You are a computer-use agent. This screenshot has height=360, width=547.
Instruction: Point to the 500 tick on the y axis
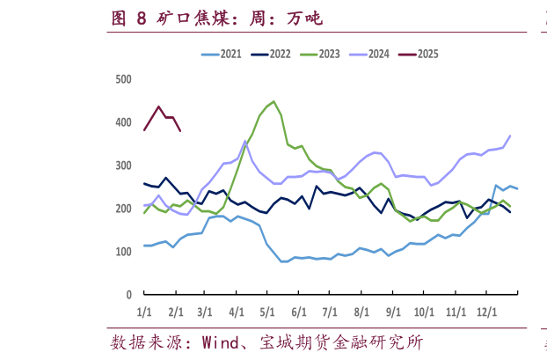tap(123, 79)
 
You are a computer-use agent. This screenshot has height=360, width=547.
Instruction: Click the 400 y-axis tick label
tap(123, 122)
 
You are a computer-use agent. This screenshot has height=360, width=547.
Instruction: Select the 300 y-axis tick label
tap(123, 165)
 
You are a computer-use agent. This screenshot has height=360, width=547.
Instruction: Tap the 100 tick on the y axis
tap(123, 252)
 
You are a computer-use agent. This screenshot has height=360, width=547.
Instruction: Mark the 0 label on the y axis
tap(128, 295)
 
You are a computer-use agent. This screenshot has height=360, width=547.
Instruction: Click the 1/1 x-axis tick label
tap(144, 312)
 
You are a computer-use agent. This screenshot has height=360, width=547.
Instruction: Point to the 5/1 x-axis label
tap(267, 312)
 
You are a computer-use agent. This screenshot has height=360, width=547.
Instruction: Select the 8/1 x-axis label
tap(361, 312)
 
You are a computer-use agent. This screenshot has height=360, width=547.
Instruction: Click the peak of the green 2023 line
tap(273, 101)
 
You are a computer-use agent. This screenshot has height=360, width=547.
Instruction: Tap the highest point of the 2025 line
tap(159, 107)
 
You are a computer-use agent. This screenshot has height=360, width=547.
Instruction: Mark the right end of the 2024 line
tap(510, 136)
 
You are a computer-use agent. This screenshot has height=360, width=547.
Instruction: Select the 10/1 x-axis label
tap(424, 312)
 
